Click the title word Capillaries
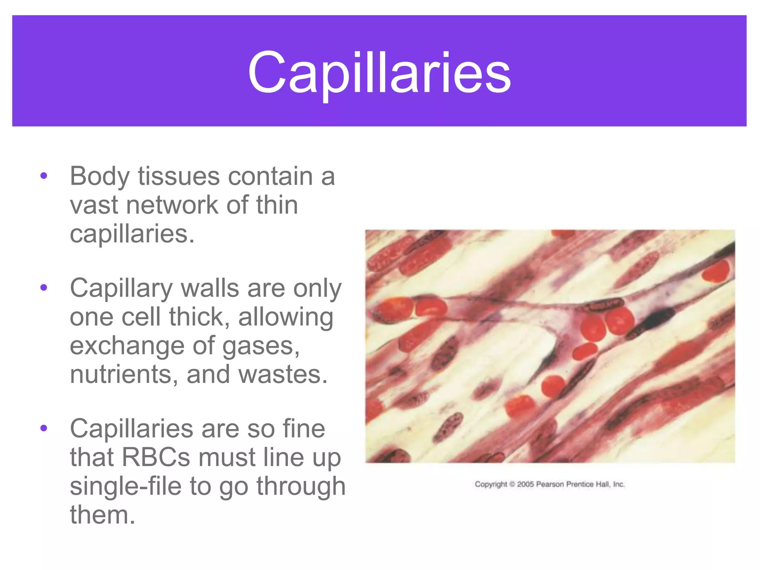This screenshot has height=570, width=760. [379, 73]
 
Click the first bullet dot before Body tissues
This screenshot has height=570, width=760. [44, 176]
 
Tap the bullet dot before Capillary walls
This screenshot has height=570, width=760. [44, 288]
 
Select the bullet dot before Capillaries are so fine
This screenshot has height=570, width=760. [44, 428]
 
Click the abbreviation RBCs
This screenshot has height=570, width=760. [156, 457]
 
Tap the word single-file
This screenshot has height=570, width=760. [125, 486]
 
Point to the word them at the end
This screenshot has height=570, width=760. [102, 515]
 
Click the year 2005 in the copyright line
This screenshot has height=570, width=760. [525, 484]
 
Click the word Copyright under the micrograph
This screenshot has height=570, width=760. [491, 484]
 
